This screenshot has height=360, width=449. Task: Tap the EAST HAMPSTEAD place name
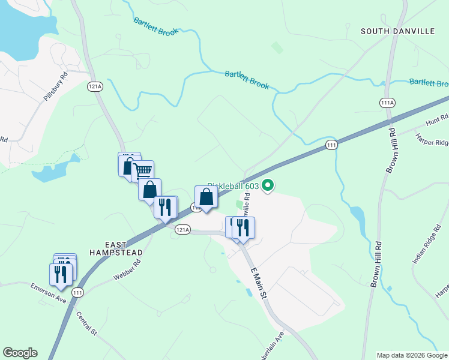pos(115,249)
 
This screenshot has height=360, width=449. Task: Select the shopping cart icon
pos(143,171)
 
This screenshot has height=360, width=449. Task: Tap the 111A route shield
pos(387,103)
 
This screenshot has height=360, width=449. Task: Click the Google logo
pos(20,353)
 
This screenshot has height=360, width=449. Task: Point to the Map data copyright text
pos(412,355)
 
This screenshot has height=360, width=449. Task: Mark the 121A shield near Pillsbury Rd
pos(95,86)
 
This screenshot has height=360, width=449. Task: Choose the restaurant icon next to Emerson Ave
pos(61,274)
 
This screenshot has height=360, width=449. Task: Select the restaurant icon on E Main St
pos(243,227)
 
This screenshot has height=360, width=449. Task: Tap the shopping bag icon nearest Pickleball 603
pos(206,197)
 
